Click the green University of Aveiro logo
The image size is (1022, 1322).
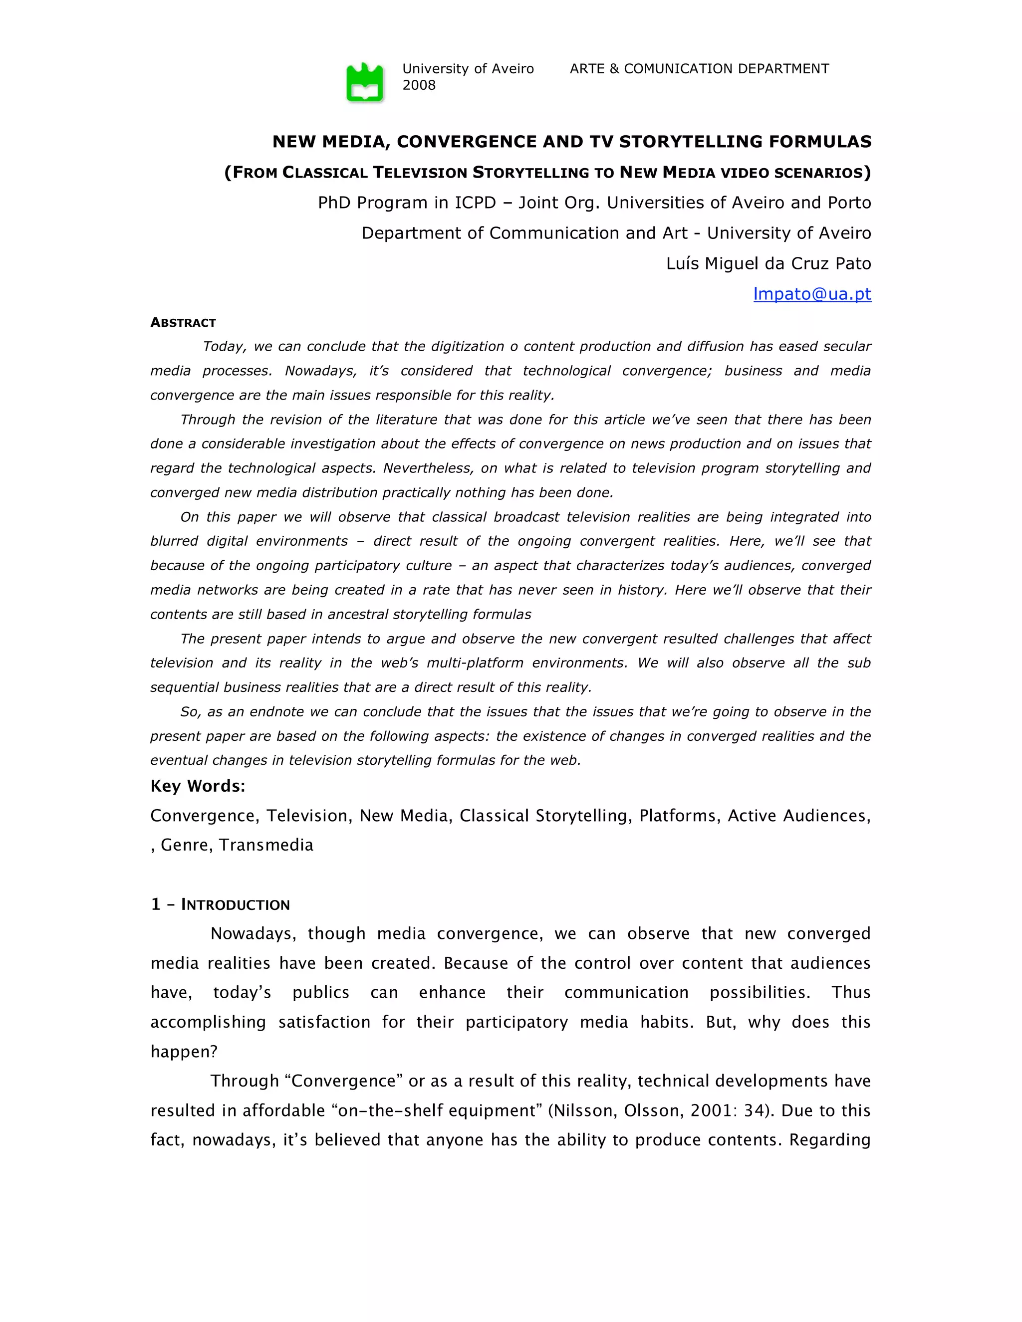(x=364, y=82)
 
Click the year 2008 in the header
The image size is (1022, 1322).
(x=419, y=85)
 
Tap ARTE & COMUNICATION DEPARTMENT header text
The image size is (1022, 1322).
(x=699, y=69)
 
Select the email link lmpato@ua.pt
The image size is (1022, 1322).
(x=811, y=294)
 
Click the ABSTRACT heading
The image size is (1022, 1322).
(x=183, y=323)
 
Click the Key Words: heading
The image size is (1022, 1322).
(x=198, y=786)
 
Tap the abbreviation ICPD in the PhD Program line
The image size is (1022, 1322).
(x=475, y=203)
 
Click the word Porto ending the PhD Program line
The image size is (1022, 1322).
(x=849, y=203)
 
